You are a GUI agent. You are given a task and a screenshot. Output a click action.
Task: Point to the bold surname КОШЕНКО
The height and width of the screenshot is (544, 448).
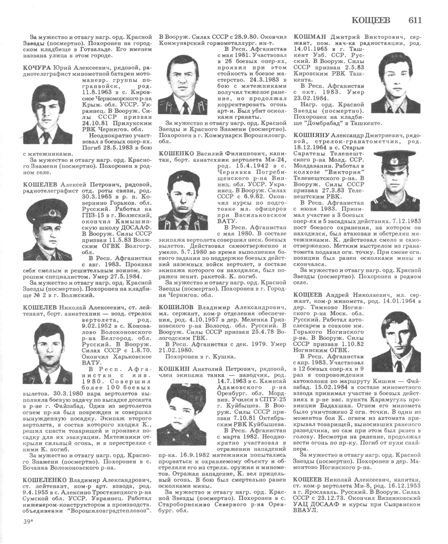pos(176,154)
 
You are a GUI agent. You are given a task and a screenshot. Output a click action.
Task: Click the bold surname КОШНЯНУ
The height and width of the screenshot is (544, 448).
pos(312,135)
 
